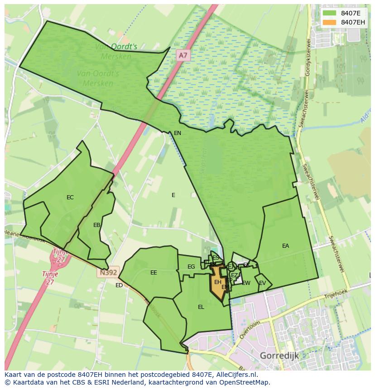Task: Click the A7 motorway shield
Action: (x=183, y=55)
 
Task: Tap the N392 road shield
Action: (x=107, y=273)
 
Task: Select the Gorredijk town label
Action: (x=279, y=356)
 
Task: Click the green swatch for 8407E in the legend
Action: (x=330, y=13)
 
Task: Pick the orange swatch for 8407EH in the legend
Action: (x=330, y=22)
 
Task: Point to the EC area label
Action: (x=70, y=197)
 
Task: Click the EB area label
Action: (x=96, y=225)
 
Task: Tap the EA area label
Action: (x=285, y=246)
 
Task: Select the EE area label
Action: (x=154, y=273)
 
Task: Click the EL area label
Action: (x=201, y=307)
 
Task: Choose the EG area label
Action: (x=191, y=267)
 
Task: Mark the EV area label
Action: (x=262, y=284)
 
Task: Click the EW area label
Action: (x=246, y=284)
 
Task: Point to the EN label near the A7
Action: (x=178, y=133)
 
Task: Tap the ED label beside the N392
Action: (x=119, y=285)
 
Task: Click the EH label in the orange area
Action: (x=218, y=282)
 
